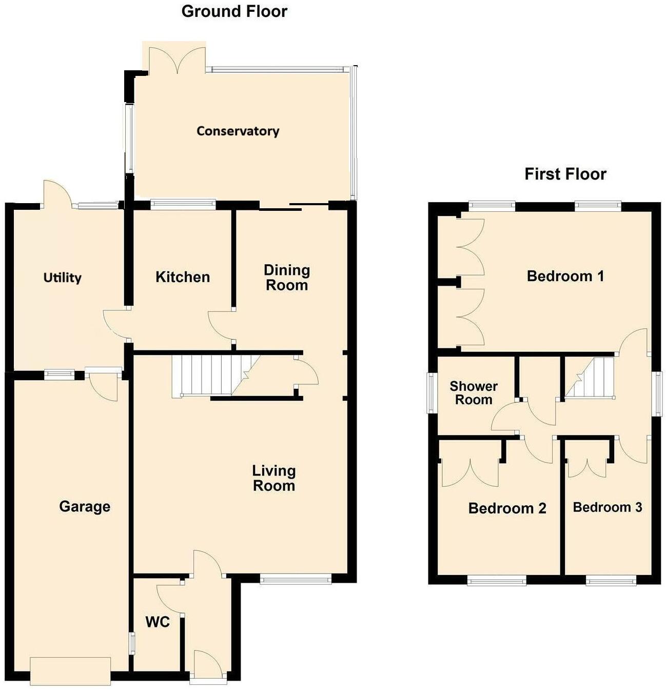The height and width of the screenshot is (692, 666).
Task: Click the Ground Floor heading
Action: tap(234, 11)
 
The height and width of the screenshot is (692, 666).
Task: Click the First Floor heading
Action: tap(565, 174)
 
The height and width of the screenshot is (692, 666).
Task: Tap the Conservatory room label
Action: tap(238, 131)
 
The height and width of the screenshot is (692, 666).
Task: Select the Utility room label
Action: tap(62, 278)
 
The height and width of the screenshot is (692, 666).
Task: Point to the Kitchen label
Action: tap(183, 277)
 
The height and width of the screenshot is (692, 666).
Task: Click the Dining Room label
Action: tap(286, 278)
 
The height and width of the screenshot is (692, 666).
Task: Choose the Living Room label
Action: tap(274, 478)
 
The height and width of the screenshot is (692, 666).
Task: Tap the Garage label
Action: tap(85, 506)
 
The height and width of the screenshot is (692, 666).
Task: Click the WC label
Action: tap(158, 622)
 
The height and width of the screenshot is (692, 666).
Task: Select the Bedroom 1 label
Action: tap(565, 276)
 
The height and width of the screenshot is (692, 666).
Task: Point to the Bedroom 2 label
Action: tap(507, 508)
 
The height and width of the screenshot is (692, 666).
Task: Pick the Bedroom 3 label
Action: tap(607, 507)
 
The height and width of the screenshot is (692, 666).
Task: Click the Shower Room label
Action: tap(473, 393)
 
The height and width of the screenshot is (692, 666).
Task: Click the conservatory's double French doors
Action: tap(177, 59)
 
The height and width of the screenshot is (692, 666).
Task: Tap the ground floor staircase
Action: tap(210, 375)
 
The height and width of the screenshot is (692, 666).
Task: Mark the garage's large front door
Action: tap(70, 670)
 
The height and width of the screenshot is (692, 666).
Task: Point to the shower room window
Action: tap(430, 392)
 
